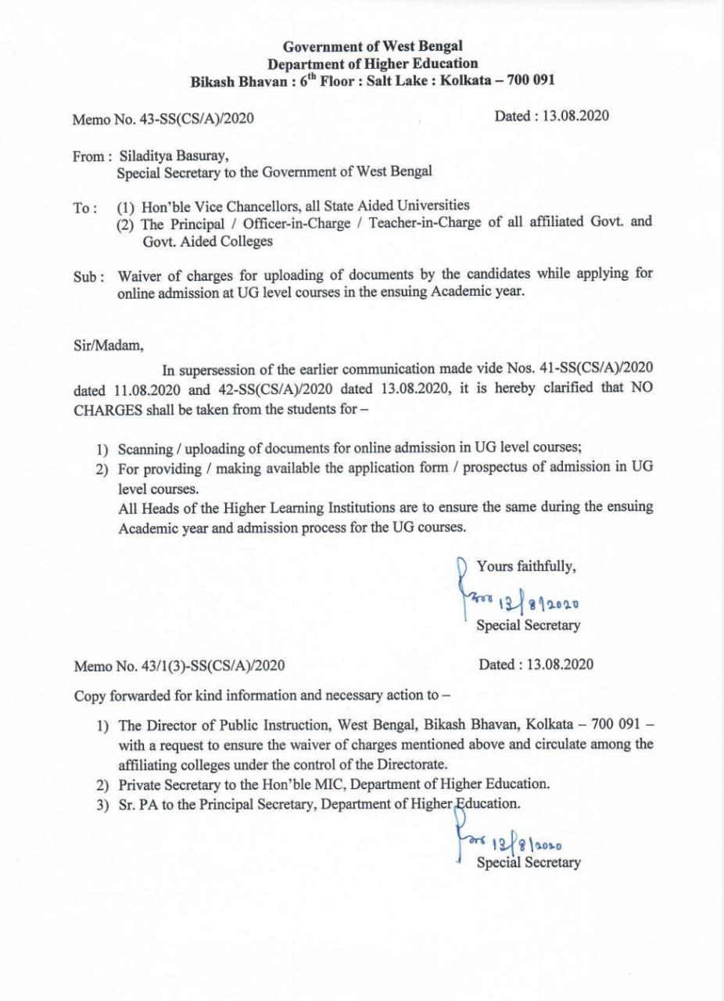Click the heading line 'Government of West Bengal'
(372, 47)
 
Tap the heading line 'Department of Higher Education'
(372, 63)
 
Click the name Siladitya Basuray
(174, 156)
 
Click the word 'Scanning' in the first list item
(143, 449)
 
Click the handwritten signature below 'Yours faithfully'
(519, 601)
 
